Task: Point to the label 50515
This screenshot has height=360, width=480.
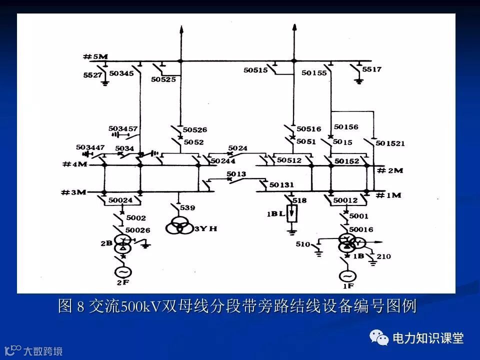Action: click(x=255, y=70)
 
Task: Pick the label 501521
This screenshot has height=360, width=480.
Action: click(x=390, y=143)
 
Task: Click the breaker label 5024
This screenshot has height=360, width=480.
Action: click(x=237, y=148)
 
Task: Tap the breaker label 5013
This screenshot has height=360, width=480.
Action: click(x=236, y=174)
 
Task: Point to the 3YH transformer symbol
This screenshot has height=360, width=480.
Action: click(x=179, y=226)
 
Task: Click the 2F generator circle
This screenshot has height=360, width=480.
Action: click(x=123, y=272)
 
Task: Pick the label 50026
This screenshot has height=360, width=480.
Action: click(x=137, y=229)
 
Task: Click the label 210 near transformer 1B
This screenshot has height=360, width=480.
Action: click(x=384, y=256)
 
